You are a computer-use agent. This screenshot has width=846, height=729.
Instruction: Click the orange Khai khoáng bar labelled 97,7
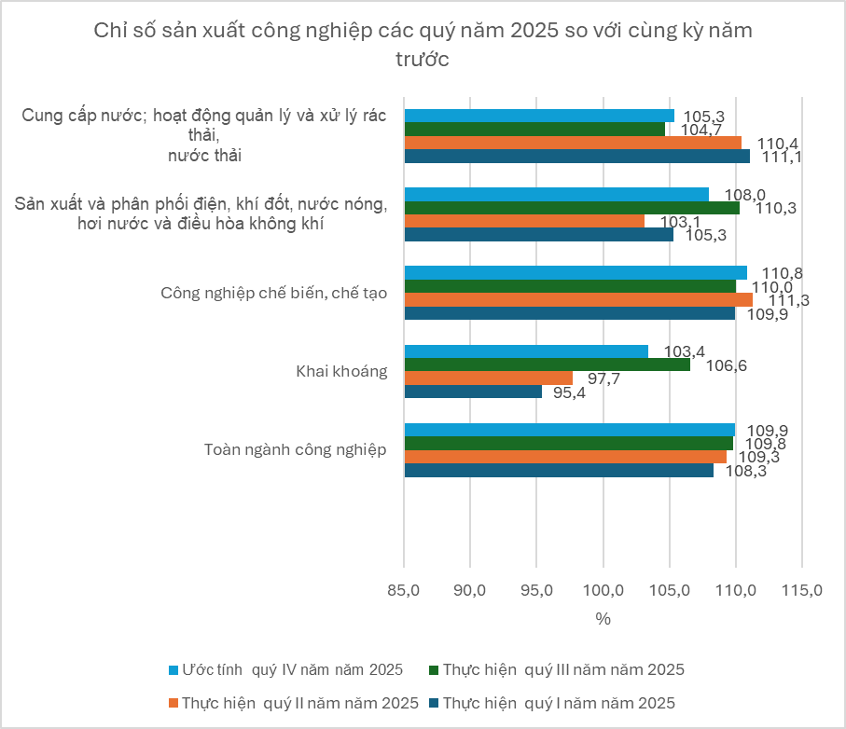[x=488, y=378]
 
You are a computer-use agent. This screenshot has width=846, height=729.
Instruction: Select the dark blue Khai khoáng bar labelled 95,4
[x=473, y=392]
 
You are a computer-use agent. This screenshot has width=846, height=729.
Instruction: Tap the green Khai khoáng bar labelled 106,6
[x=547, y=364]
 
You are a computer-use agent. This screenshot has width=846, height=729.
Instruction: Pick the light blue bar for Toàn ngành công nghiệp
[x=569, y=430]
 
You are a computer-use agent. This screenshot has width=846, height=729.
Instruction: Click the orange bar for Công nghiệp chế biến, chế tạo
[x=578, y=299]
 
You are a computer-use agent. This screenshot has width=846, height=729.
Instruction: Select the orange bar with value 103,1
[x=524, y=221]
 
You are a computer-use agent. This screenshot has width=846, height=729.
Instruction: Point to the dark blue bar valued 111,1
[x=576, y=157]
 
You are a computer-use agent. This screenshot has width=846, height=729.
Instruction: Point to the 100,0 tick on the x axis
[x=603, y=590]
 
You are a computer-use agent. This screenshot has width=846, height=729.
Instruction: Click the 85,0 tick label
[x=403, y=590]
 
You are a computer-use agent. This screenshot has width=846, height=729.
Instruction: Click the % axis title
[x=603, y=619]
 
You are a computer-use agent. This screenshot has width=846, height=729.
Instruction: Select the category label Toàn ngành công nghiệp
[x=295, y=449]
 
